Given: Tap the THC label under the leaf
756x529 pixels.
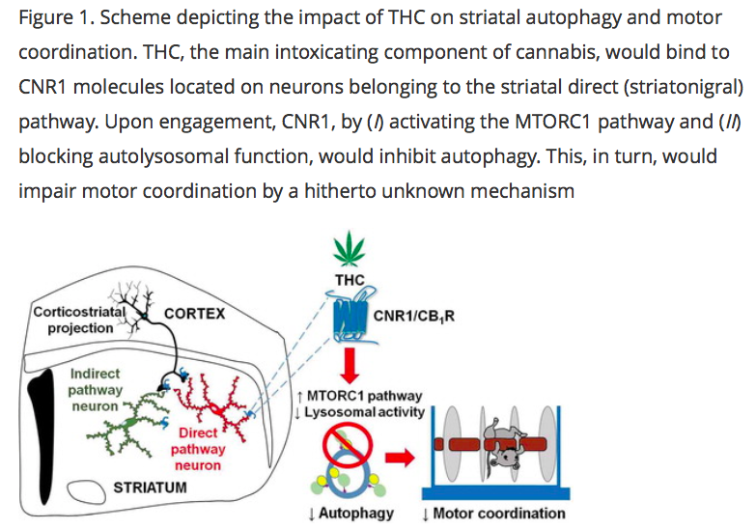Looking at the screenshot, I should coord(349,280).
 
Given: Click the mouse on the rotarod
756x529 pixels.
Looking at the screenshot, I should coord(503,450).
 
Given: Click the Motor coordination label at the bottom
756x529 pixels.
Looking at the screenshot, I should coord(493,513).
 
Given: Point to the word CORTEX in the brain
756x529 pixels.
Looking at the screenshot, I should coord(195,313).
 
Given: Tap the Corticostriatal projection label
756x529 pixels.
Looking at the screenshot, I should coord(72,320).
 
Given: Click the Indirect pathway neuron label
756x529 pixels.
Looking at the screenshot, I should coord(96,390).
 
